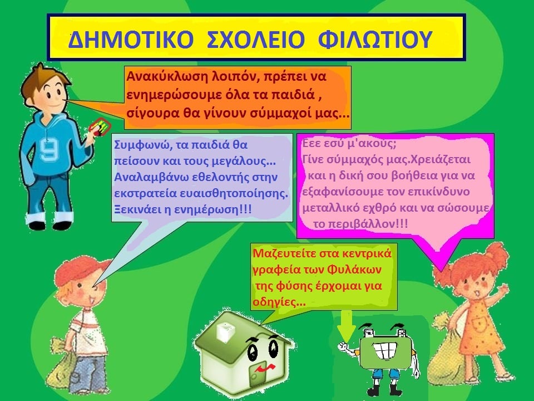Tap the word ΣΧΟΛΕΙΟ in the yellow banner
(255, 39)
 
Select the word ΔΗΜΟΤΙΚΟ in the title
(131, 39)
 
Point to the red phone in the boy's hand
(99, 126)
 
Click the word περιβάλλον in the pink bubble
(362, 224)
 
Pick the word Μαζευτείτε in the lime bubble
(285, 254)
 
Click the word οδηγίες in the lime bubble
(274, 302)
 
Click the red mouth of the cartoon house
(265, 368)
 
